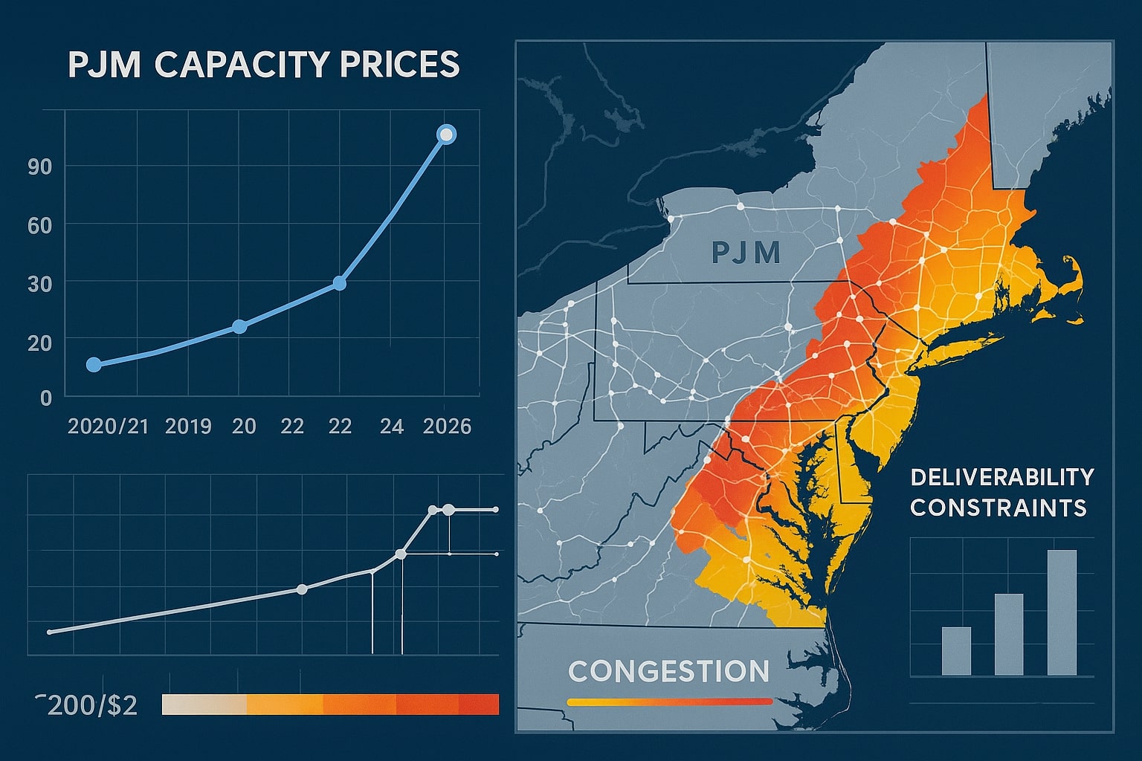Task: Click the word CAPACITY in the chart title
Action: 242,64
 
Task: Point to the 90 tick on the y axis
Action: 39,166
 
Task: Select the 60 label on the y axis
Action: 39,225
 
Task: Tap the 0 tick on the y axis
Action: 46,398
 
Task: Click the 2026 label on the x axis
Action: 447,426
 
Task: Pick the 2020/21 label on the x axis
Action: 108,426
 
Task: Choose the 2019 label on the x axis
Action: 188,426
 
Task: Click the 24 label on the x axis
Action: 391,426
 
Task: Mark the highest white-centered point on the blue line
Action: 446,135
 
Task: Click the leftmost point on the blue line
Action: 94,364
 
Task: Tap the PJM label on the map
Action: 746,253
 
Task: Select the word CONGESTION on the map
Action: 668,671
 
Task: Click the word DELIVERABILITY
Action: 1001,477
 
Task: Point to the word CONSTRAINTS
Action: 998,508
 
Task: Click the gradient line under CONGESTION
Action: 669,701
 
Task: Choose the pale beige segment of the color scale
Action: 203,705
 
